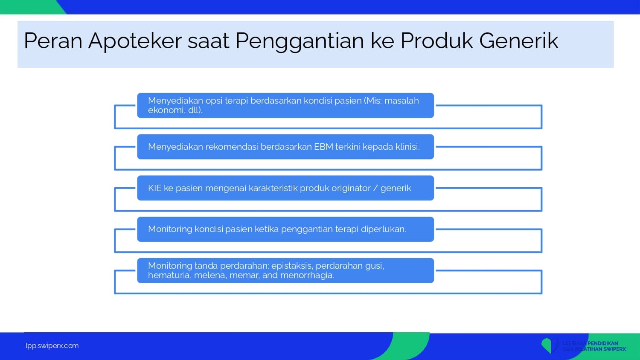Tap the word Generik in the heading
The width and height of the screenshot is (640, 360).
pos(518,41)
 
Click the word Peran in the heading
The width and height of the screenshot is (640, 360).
pos(53,41)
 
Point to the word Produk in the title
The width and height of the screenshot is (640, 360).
pos(436,41)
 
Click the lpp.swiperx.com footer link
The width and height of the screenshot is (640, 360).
pos(52,346)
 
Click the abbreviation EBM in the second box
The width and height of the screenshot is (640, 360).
pos(323,147)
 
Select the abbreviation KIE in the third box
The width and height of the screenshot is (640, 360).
pos(154,188)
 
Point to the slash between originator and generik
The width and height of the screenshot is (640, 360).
pos(375,188)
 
